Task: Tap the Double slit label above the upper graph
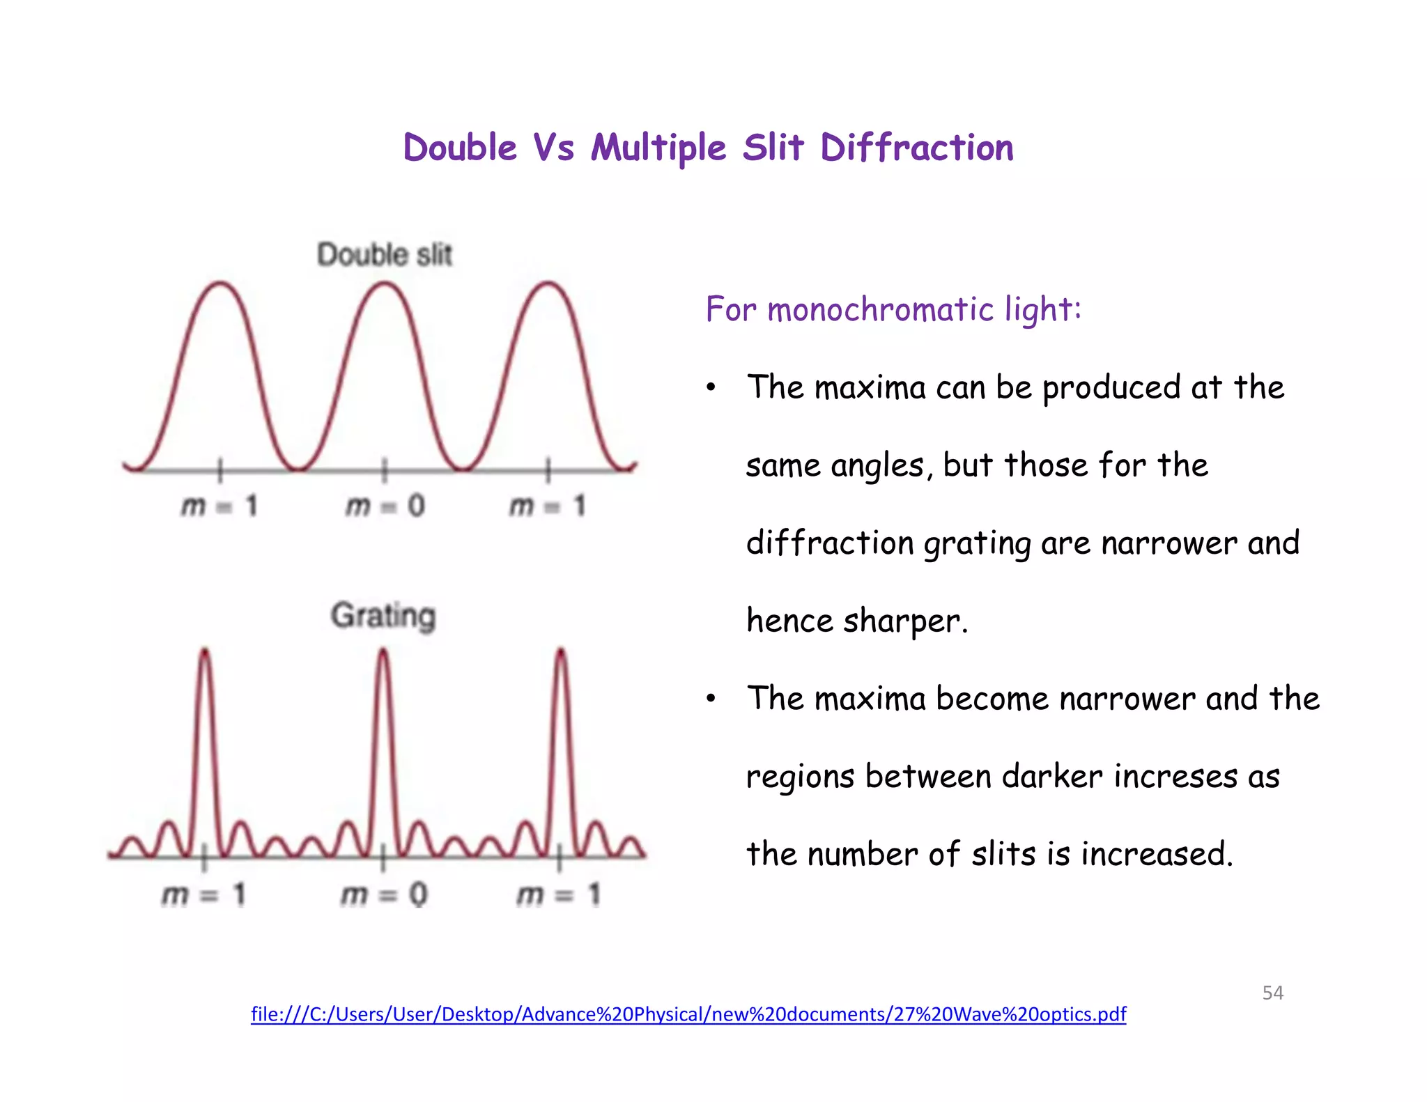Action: tap(385, 255)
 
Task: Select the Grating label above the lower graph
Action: tap(383, 616)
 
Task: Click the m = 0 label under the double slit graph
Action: tap(385, 506)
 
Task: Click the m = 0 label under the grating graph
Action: tap(383, 894)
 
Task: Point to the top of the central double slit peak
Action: tap(385, 284)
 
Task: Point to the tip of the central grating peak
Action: tap(383, 651)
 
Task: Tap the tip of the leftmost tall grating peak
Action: tap(205, 651)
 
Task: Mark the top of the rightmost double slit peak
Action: tap(549, 284)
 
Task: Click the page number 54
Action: tap(1272, 993)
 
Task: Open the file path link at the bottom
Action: tap(688, 1014)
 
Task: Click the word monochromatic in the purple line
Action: tap(881, 309)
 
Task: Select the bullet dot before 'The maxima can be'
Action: tap(710, 388)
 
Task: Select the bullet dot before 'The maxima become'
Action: tap(710, 699)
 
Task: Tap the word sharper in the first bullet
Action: tap(904, 621)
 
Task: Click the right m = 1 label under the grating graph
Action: tap(558, 894)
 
